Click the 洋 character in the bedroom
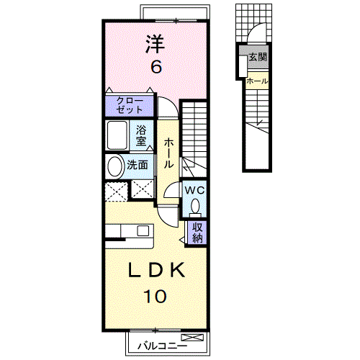coord(155,45)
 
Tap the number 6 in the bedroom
coord(155,67)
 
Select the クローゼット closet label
coord(130,106)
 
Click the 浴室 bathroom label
coord(143,135)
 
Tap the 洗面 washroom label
coord(138,165)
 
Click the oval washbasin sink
coord(115,166)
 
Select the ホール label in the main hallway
coord(168,153)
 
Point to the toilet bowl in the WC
coord(196,207)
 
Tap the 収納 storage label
coord(197,233)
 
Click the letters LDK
coord(156,271)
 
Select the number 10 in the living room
coord(156,294)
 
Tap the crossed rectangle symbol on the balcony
coord(193,338)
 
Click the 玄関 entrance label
coord(256,57)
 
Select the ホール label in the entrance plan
coord(257,81)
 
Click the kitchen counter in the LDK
coord(130,231)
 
